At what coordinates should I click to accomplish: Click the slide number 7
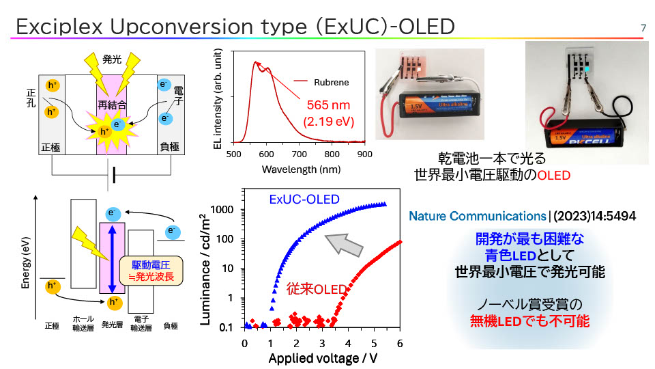pos(643,27)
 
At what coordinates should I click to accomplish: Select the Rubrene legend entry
pos(331,83)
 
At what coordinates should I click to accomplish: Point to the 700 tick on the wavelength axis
pos(299,154)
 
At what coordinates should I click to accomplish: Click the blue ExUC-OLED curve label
pos(304,200)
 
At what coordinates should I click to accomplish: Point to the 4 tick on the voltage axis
pos(349,342)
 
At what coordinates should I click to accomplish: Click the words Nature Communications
pos(477,216)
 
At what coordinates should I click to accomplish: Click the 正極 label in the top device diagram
pos(50,146)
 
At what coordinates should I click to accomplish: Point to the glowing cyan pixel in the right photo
pos(587,70)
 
